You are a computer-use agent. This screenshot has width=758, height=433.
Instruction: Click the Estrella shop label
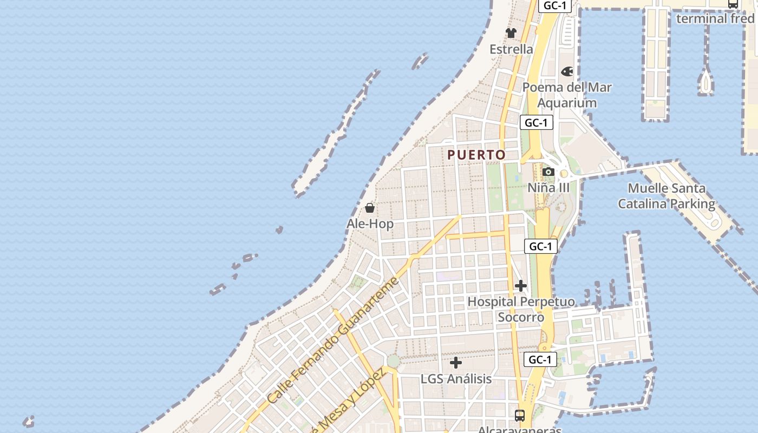(x=511, y=49)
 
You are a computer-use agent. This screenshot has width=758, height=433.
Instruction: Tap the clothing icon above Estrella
(x=511, y=33)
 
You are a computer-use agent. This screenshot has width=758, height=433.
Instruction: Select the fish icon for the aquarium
(x=567, y=71)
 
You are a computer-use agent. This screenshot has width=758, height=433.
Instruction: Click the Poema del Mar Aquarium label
(x=567, y=95)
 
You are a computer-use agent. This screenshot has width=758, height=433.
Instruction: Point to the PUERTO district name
(x=476, y=155)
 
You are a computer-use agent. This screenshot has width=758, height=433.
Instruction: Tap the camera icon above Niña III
(x=548, y=172)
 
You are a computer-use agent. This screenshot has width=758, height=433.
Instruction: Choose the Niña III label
(x=548, y=187)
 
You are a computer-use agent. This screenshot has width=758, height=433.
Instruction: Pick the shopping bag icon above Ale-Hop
(x=370, y=208)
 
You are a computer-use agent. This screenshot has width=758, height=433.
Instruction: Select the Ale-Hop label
(x=370, y=224)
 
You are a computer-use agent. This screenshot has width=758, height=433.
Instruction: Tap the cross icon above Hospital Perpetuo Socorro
(x=521, y=286)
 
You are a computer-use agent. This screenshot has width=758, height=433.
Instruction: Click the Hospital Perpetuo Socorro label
(x=521, y=309)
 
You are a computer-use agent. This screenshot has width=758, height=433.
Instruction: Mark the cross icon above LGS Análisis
(x=456, y=363)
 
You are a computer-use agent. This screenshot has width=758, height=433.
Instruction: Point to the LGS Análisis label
(x=456, y=379)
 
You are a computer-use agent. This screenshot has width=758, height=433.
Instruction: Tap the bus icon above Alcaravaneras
(x=520, y=416)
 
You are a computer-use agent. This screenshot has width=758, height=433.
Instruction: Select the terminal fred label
(x=715, y=18)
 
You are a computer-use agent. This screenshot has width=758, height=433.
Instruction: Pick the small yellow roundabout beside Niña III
(x=564, y=174)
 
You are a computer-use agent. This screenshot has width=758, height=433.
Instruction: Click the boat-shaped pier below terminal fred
(x=705, y=81)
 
